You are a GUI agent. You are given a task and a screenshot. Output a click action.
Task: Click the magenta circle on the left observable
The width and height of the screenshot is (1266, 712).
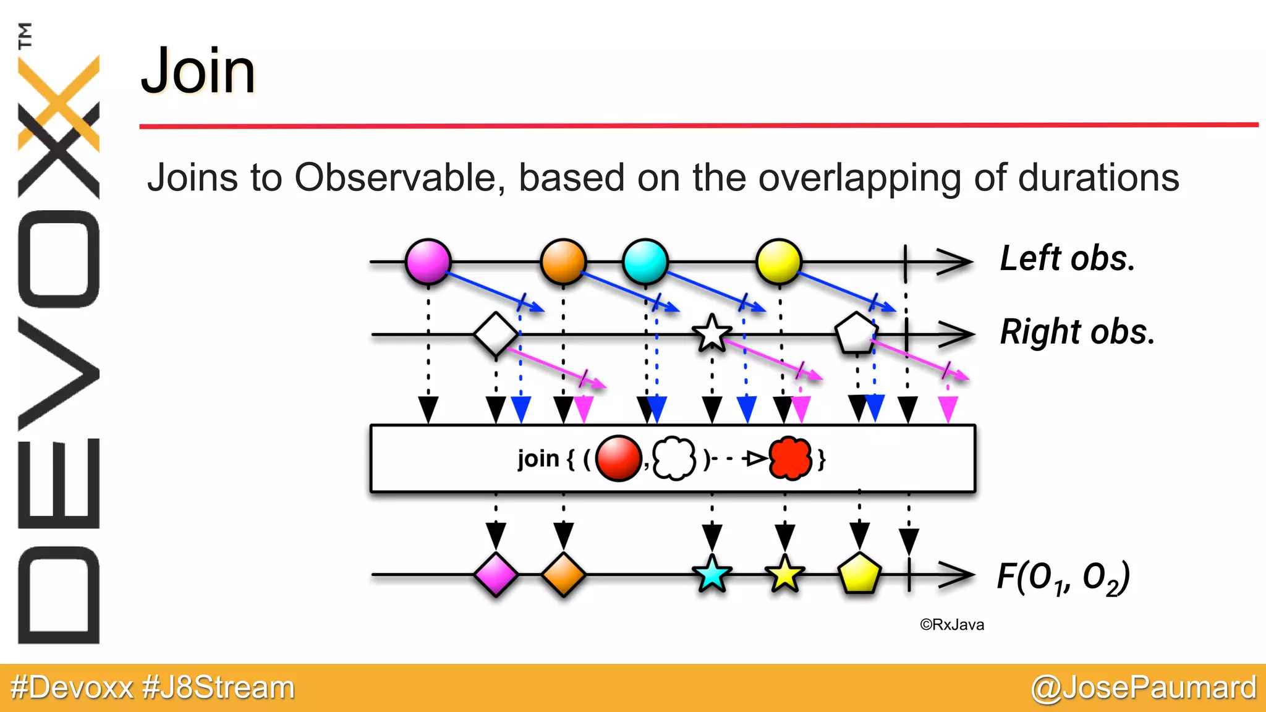click(428, 261)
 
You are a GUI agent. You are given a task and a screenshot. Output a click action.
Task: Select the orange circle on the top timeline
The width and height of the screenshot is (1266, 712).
click(563, 261)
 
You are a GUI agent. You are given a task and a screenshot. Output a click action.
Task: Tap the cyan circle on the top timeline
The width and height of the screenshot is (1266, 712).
click(645, 261)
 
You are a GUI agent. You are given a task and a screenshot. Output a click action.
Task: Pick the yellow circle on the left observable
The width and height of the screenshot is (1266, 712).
click(779, 261)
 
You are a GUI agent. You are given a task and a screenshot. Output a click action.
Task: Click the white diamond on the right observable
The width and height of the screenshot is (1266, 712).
click(496, 334)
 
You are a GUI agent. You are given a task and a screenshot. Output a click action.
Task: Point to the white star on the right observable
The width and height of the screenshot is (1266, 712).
click(712, 334)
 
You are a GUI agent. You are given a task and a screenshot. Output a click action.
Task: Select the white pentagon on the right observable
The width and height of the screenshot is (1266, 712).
click(856, 334)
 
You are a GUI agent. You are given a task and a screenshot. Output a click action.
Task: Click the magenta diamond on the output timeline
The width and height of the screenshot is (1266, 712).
click(496, 575)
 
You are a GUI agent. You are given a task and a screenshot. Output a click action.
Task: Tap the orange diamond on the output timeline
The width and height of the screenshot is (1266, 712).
click(563, 575)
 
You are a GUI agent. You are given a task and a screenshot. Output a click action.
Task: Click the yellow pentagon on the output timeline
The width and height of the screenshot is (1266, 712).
click(859, 574)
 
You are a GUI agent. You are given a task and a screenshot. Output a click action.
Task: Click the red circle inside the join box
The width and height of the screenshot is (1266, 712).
click(619, 458)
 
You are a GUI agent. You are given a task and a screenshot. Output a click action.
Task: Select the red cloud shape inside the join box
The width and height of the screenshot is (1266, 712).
click(790, 458)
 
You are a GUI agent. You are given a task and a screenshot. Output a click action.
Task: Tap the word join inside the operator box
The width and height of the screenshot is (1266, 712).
click(538, 459)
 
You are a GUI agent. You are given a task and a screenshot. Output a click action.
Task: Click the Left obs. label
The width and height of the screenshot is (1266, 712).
click(1068, 258)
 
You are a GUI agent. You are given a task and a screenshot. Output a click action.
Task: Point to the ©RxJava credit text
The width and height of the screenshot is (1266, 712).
click(952, 625)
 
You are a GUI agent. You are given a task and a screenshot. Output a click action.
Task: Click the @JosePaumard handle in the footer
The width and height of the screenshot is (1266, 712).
click(1144, 687)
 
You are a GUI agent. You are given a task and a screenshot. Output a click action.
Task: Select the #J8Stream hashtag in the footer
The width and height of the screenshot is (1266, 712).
click(219, 687)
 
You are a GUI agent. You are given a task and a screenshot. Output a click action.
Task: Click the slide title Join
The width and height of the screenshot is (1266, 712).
click(198, 71)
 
